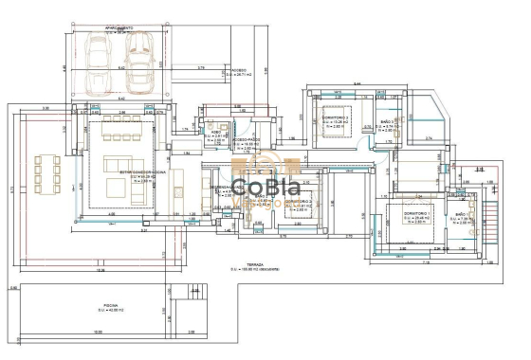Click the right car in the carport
coord(139,62)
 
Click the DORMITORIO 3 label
coord(335,119)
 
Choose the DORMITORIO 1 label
coord(418,213)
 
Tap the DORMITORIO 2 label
coord(299,203)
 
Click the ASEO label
coord(216,134)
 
